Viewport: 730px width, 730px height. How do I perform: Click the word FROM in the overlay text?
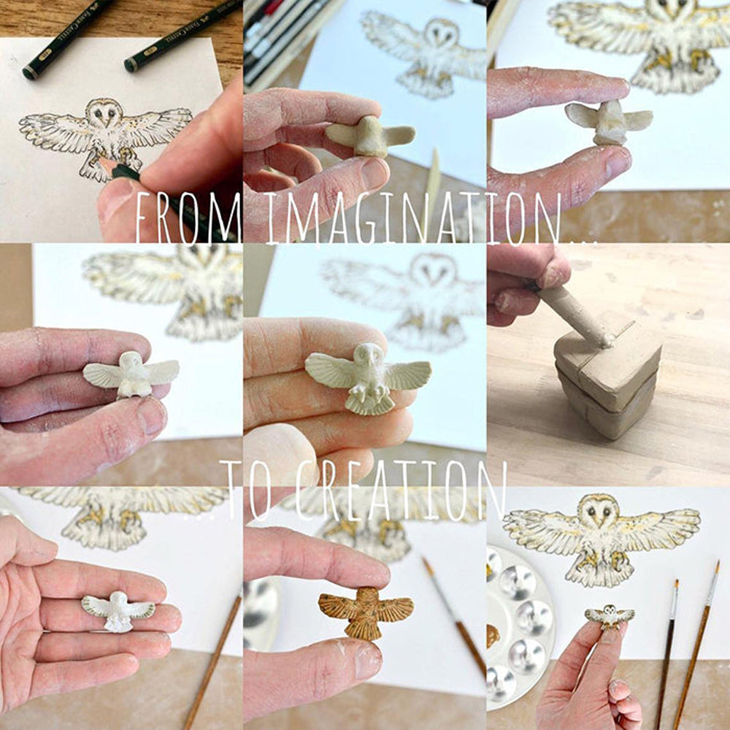pos(188,218)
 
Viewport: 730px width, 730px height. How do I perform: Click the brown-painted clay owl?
pos(366,612)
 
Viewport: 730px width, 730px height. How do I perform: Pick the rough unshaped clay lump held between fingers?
pos(371,136)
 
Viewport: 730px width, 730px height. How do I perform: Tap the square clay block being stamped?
pos(607,384)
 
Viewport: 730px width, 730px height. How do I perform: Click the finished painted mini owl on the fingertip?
pos(610,616)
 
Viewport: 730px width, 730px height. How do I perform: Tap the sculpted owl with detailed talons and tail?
pos(368,378)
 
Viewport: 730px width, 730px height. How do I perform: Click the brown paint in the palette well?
pos(493,636)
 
